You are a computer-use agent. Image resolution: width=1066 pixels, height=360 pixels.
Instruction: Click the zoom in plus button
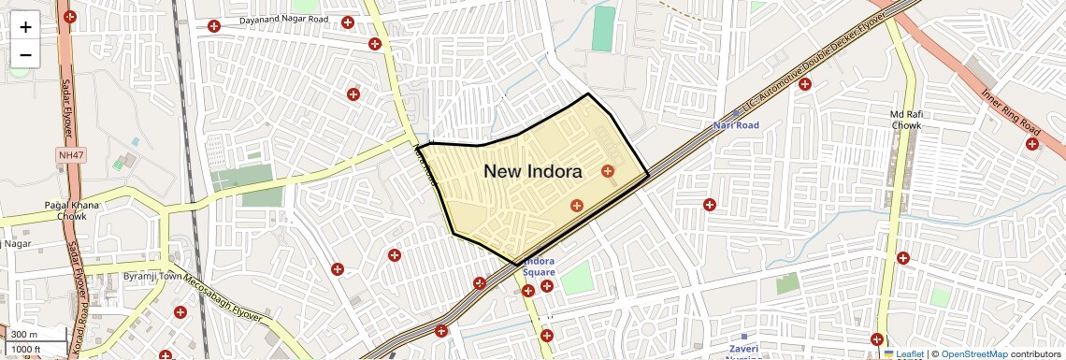pyautogui.click(x=25, y=26)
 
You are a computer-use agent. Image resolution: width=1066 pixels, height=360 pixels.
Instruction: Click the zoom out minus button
pyautogui.click(x=25, y=54)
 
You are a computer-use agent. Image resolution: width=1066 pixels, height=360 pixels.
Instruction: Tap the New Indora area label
pyautogui.click(x=533, y=171)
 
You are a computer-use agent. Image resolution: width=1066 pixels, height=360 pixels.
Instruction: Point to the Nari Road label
pyautogui.click(x=736, y=124)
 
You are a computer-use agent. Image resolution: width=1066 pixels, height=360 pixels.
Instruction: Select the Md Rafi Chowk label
pyautogui.click(x=906, y=119)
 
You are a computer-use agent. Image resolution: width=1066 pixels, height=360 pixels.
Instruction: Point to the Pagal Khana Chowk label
pyautogui.click(x=65, y=210)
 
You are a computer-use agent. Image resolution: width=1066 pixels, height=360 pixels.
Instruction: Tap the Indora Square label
pyautogui.click(x=539, y=266)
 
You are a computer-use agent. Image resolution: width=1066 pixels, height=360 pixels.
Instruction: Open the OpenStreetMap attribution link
pyautogui.click(x=973, y=353)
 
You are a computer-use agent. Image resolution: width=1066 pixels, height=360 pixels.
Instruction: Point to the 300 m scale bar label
pyautogui.click(x=24, y=335)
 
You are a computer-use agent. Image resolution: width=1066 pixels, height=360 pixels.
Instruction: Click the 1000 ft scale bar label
pyautogui.click(x=26, y=349)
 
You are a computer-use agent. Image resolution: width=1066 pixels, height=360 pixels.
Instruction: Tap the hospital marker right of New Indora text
pyautogui.click(x=609, y=170)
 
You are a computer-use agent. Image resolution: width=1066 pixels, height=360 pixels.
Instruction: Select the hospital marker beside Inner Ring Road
pyautogui.click(x=1032, y=143)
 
